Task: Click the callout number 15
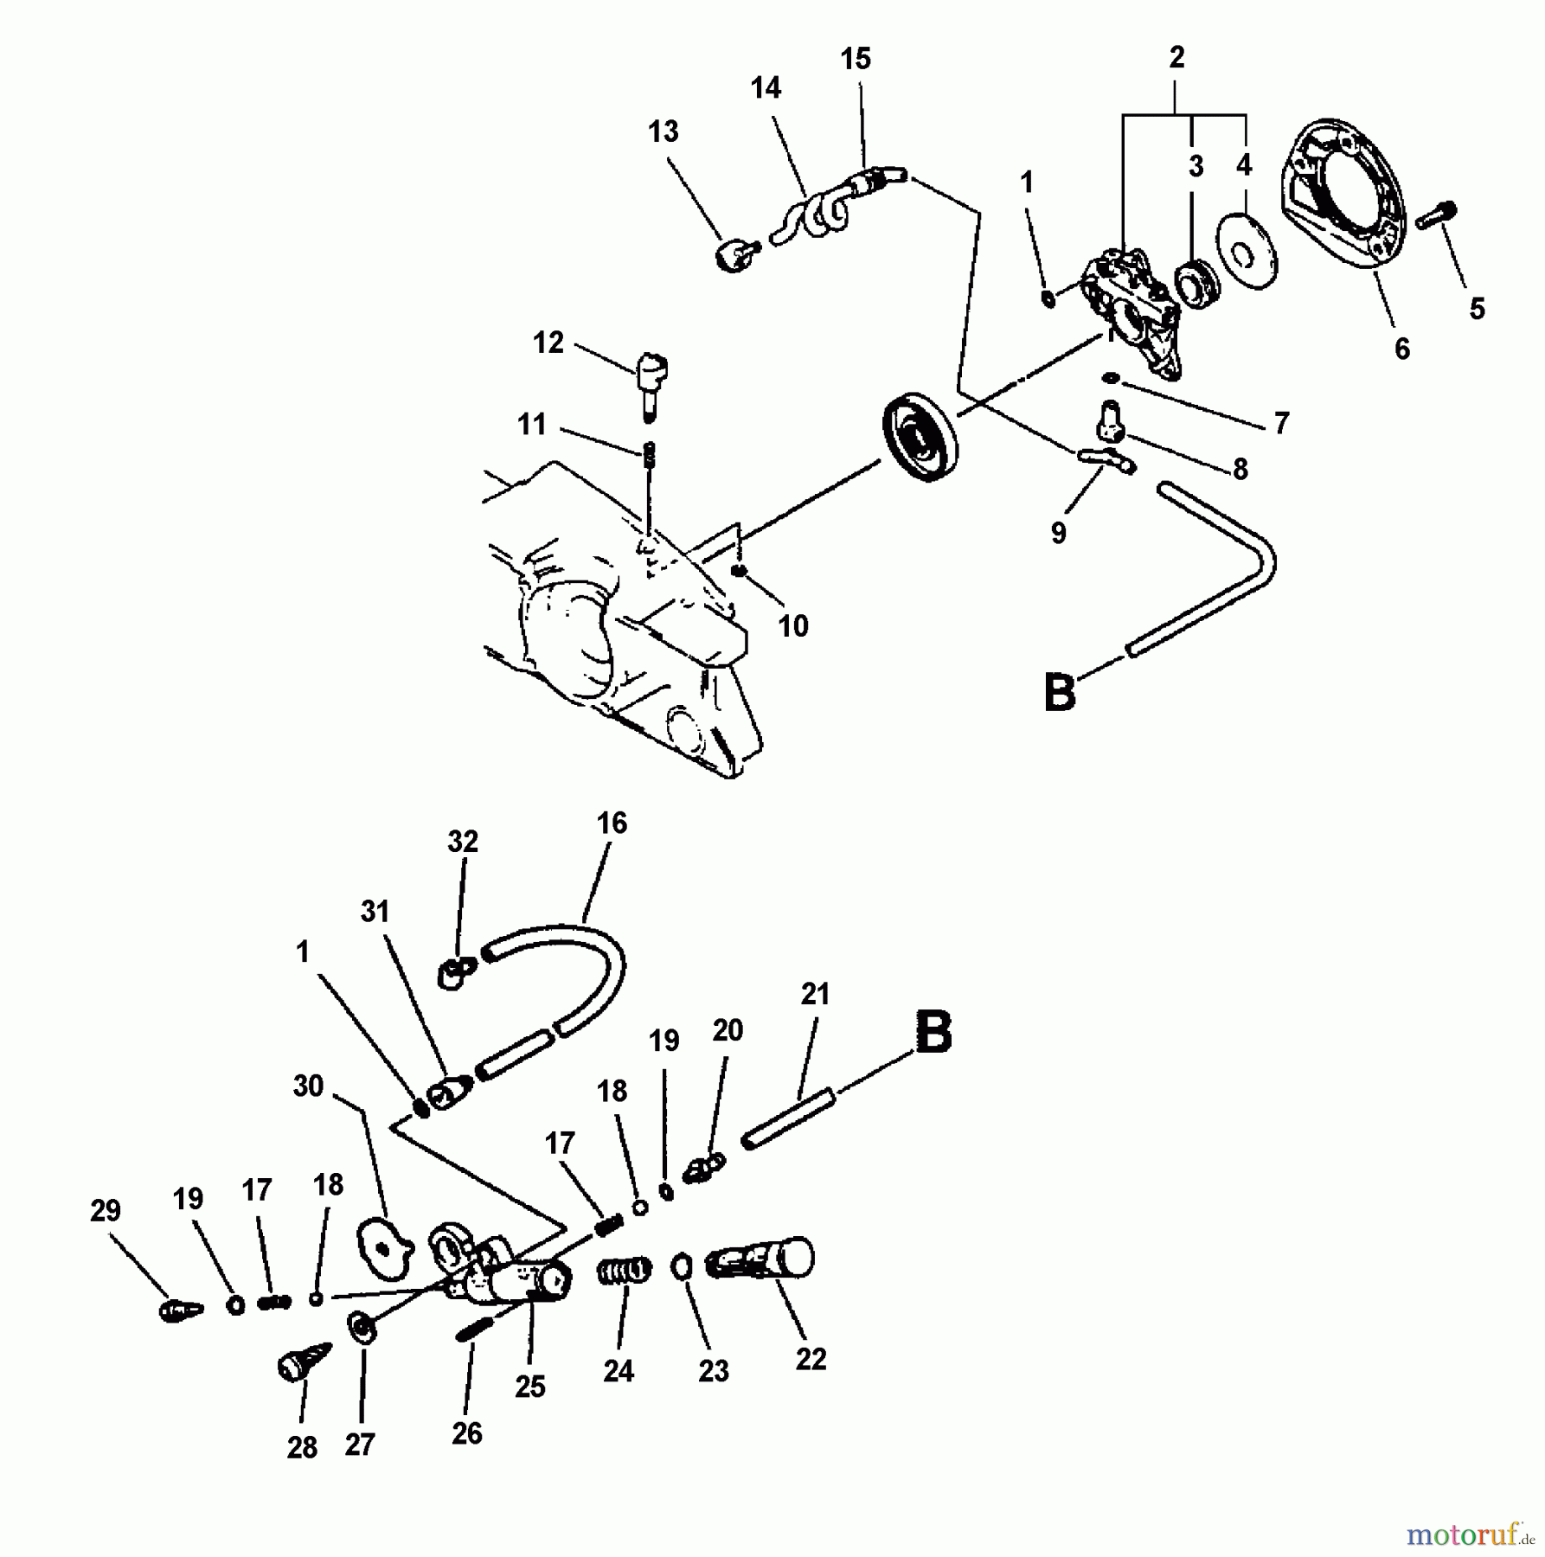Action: tap(855, 59)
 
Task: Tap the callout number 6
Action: tap(1401, 349)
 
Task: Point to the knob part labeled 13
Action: tap(734, 255)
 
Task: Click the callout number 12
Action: tap(548, 343)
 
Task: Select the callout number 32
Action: tap(463, 841)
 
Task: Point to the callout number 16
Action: tap(612, 823)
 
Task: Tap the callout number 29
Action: tap(106, 1210)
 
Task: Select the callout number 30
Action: tap(308, 1086)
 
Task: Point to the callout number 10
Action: tap(793, 625)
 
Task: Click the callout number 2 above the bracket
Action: tap(1176, 58)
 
